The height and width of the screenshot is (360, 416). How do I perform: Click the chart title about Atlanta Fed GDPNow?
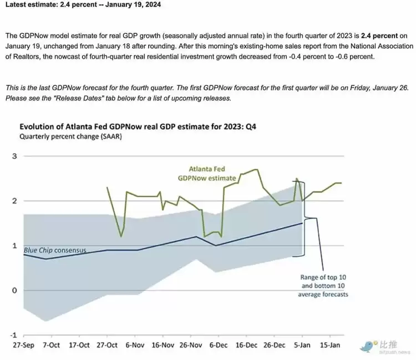138,126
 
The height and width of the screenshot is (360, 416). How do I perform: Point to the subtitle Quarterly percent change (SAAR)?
70,136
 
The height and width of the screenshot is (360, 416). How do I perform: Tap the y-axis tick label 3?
15,156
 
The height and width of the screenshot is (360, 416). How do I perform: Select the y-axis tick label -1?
14,335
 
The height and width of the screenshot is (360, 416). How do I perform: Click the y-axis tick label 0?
15,291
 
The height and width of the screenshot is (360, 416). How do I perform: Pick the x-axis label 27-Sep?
24,345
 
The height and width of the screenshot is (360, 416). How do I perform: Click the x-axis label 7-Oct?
52,345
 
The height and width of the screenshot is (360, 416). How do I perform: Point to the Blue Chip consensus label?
55,251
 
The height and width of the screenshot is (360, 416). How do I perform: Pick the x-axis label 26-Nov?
191,345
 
